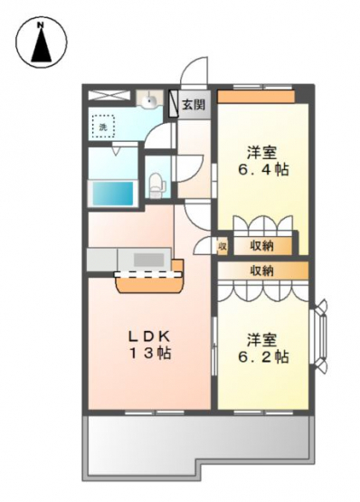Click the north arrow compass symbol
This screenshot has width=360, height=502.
tap(42, 42)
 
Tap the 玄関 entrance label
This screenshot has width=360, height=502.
tap(194, 104)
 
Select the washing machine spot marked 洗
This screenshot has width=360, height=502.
tap(103, 127)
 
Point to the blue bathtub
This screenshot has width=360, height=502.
tap(113, 194)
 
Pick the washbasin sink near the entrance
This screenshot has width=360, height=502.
tap(149, 99)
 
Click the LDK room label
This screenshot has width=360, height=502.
tap(148, 336)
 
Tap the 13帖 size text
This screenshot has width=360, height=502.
tap(150, 353)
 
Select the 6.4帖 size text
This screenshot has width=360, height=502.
tap(263, 170)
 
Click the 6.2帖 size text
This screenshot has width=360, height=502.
tap(263, 356)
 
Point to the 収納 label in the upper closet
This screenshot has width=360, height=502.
tap(261, 246)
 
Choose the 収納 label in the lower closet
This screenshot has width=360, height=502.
tap(261, 270)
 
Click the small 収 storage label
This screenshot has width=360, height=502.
tap(223, 247)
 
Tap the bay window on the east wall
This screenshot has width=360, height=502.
tap(319, 336)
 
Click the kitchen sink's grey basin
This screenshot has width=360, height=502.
tap(149, 260)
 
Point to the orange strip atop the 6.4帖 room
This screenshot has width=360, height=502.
tap(256, 97)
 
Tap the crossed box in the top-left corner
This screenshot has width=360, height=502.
tap(109, 95)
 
